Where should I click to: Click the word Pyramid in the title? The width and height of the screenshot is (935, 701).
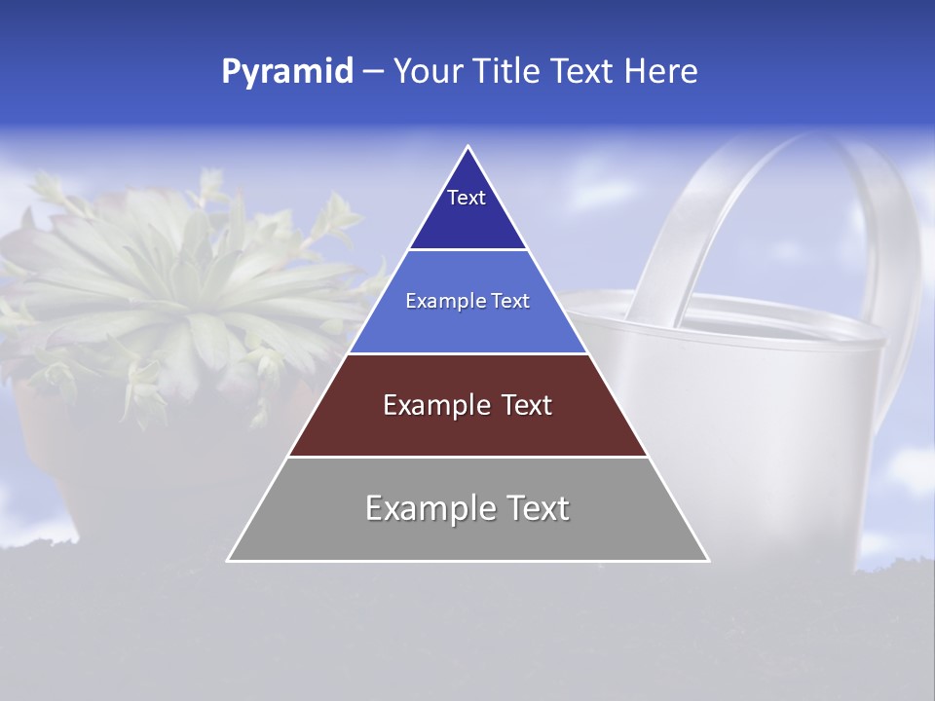pos(286,72)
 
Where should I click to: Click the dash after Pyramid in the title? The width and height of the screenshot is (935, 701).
pos(372,72)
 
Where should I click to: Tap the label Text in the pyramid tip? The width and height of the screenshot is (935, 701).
pos(467,198)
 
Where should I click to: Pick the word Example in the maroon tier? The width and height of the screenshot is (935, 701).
pos(431,405)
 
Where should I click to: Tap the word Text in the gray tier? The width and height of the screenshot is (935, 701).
pos(537,508)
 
